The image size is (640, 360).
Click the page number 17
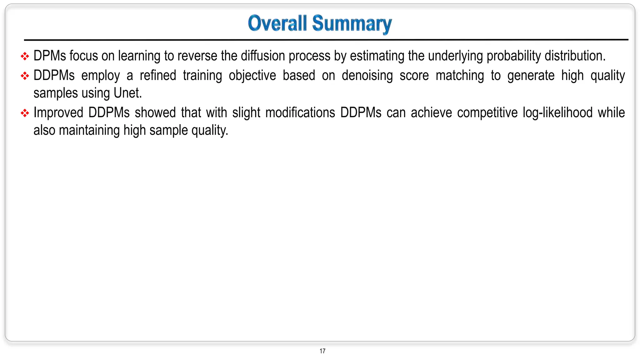pos(322,351)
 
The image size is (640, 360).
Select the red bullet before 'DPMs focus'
pos(25,56)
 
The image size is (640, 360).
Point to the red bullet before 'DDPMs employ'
pos(25,76)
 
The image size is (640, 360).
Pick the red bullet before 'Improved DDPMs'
pos(25,113)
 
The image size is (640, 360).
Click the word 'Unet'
pos(127,93)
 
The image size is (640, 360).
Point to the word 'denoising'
pos(367,76)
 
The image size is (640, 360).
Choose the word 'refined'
pos(158,75)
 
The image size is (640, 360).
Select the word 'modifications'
pos(300,112)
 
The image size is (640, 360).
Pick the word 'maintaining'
pos(89,130)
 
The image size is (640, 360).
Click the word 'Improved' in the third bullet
pos(58,113)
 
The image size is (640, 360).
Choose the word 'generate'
pos(531,76)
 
